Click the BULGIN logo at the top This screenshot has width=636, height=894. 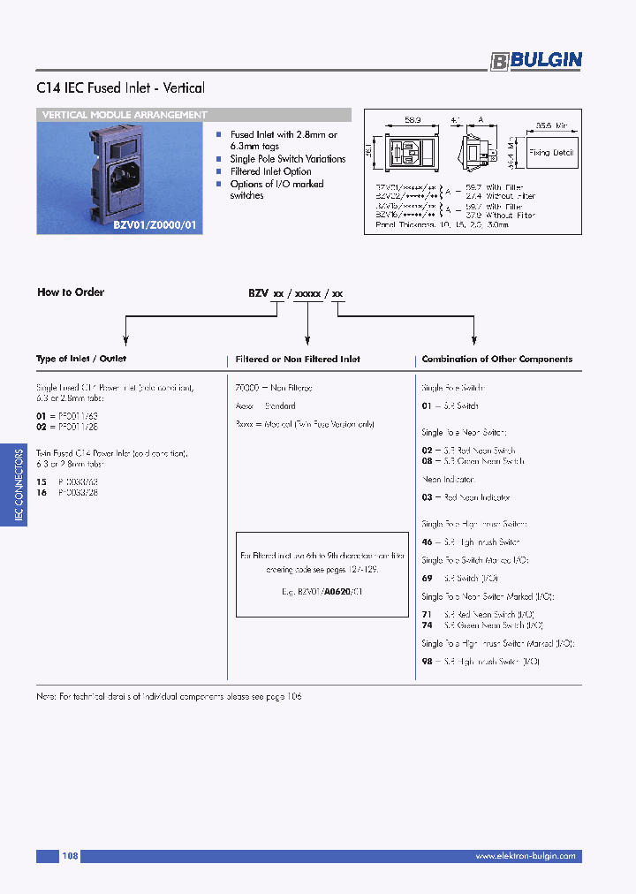[x=536, y=60]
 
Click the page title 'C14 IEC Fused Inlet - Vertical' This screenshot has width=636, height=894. [x=121, y=88]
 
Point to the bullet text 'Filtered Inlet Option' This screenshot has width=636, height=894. [x=270, y=171]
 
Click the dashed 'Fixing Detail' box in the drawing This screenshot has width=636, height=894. [x=552, y=153]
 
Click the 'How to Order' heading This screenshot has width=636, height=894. [x=71, y=292]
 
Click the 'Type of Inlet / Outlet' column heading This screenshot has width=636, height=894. [x=81, y=359]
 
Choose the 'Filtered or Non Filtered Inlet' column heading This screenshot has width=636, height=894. [x=298, y=360]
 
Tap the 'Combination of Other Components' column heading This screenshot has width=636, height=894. [x=496, y=360]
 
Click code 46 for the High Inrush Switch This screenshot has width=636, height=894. [x=427, y=542]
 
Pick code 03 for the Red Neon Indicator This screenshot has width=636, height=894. [x=427, y=498]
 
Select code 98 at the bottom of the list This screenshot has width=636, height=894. [x=427, y=662]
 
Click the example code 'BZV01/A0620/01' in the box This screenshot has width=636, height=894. [x=322, y=591]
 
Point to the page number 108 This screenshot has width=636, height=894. [x=70, y=856]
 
